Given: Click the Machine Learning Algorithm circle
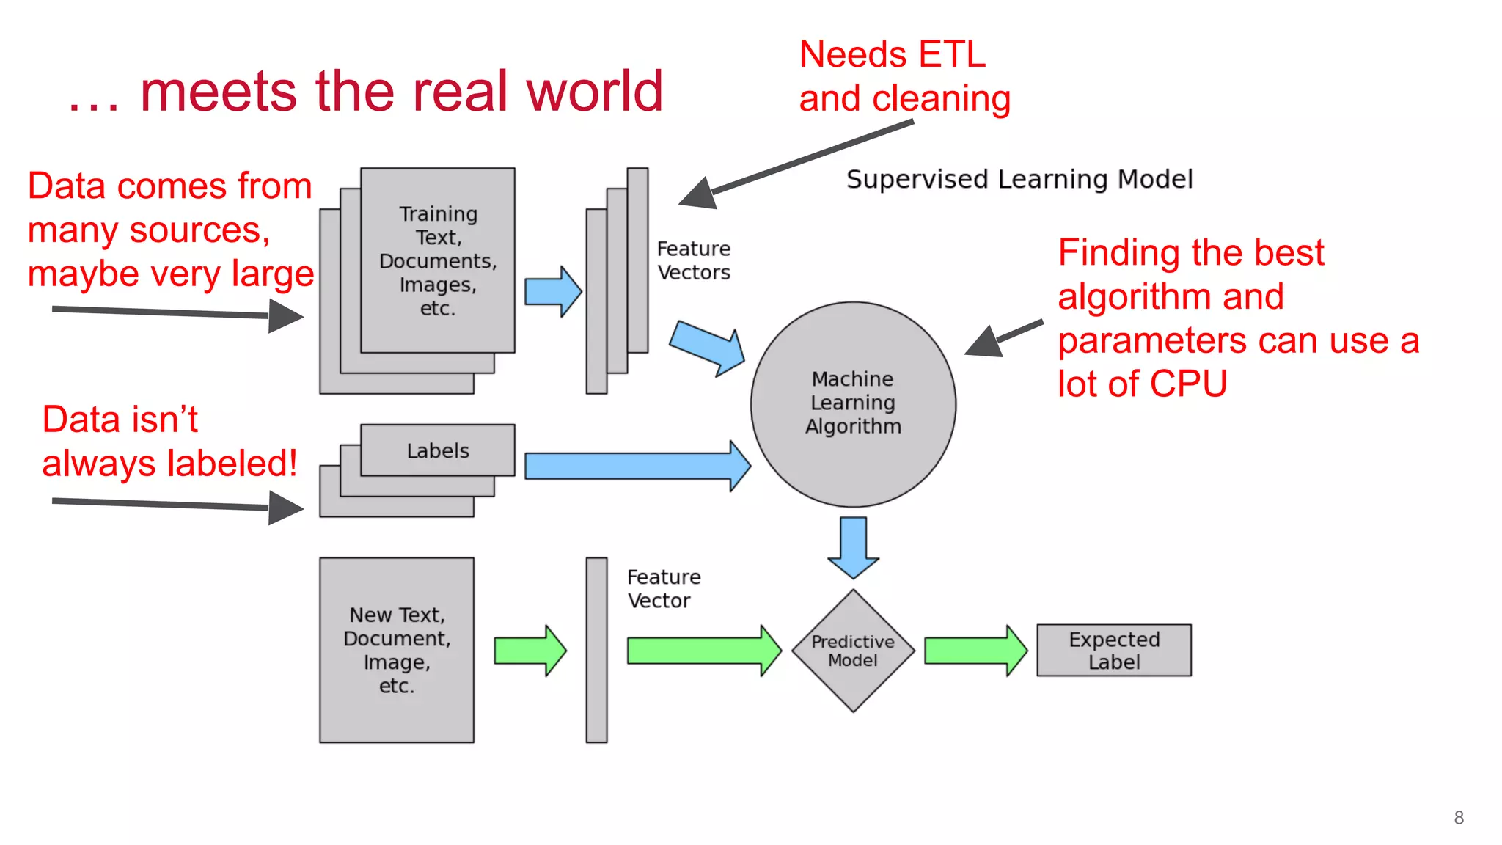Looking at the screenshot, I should click(x=853, y=403).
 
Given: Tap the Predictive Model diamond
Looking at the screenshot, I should click(x=853, y=651).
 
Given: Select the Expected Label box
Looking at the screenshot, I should click(x=1113, y=651).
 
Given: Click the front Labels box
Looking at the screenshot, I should click(x=438, y=450).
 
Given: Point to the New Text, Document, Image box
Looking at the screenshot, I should click(x=397, y=650).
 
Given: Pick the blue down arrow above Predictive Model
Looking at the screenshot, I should click(x=853, y=547).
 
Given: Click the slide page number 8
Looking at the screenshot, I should click(x=1459, y=818).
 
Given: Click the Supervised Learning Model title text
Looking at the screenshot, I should click(x=1019, y=179).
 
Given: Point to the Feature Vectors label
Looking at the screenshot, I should click(x=694, y=260).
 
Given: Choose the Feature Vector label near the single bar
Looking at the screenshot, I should click(x=664, y=588).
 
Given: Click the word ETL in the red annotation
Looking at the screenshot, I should click(x=952, y=55).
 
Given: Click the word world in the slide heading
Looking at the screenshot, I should click(x=594, y=92).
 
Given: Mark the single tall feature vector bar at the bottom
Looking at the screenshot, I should click(x=596, y=650).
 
